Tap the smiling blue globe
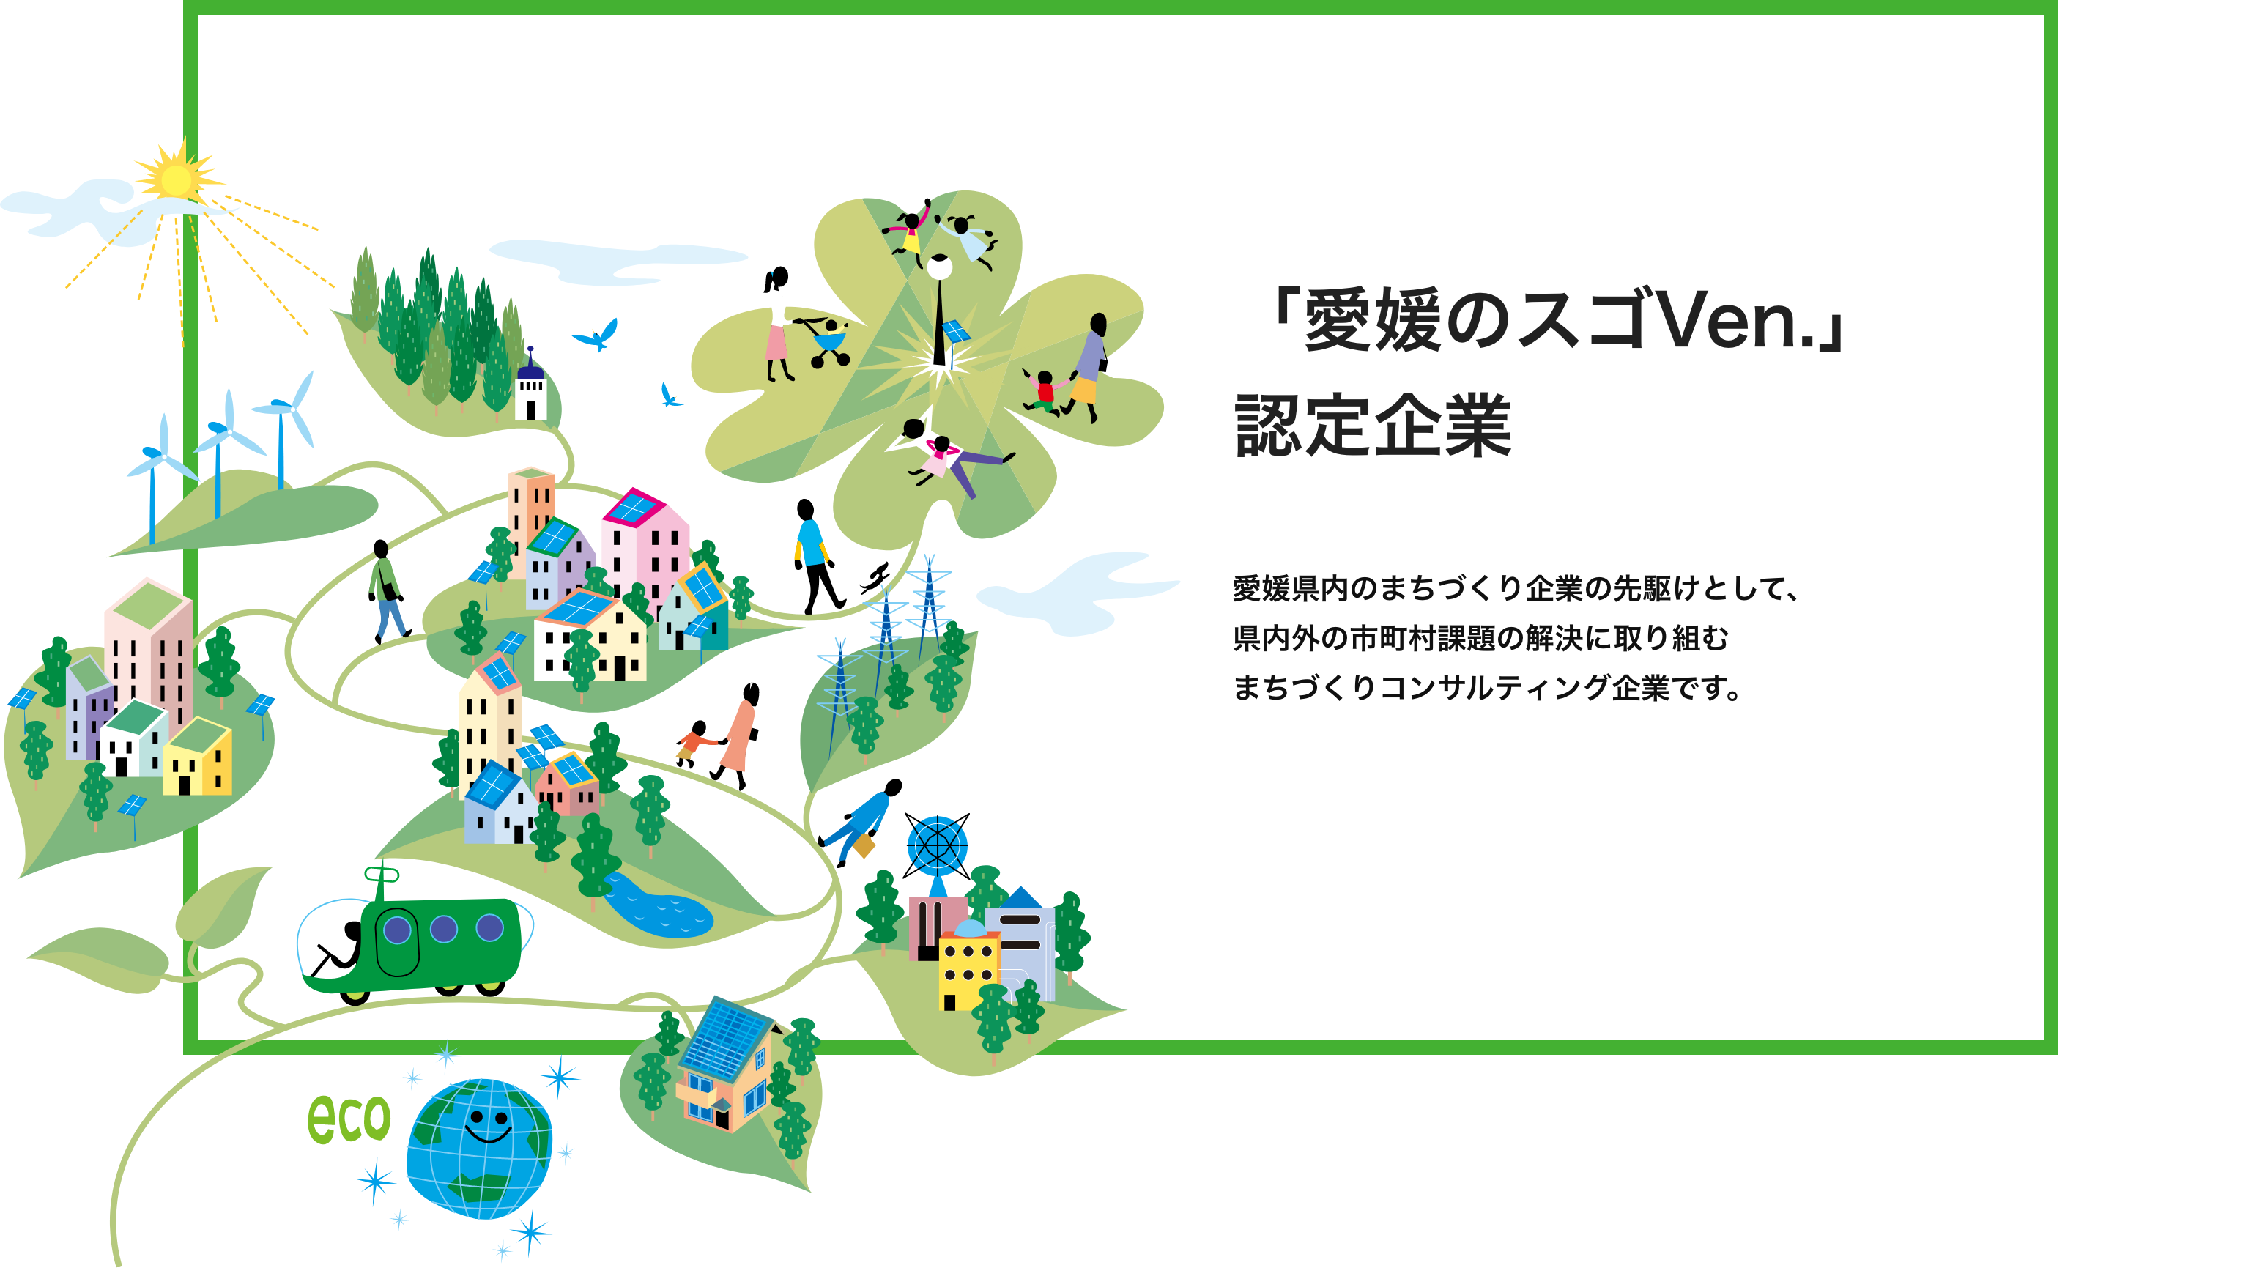click(479, 1148)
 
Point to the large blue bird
click(597, 333)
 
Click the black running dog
click(875, 577)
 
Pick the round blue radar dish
click(937, 845)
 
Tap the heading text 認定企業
click(1373, 426)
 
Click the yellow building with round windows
click(968, 967)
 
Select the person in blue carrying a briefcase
click(862, 823)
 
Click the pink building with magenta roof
click(645, 544)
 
